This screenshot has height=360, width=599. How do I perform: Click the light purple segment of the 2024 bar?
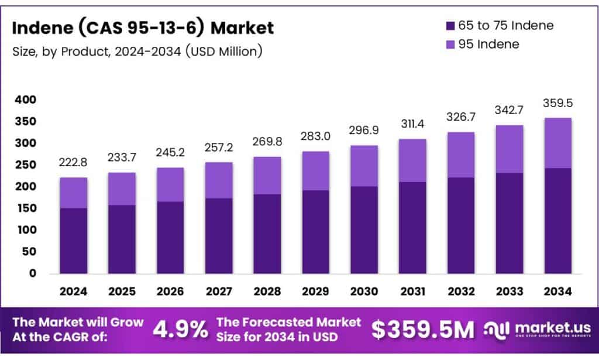[73, 193]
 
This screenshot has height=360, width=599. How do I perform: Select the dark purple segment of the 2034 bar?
[557, 221]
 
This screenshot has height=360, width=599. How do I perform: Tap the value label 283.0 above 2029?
[315, 136]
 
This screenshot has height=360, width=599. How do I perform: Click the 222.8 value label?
[73, 163]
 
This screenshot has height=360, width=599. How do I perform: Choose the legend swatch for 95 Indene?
[450, 44]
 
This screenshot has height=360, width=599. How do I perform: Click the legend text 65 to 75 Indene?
[507, 25]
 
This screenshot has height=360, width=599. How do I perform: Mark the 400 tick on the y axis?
[26, 100]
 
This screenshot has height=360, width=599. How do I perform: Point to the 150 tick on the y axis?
[26, 208]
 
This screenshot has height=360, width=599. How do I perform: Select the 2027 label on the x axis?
[218, 291]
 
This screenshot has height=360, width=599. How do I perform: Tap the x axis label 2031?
[412, 291]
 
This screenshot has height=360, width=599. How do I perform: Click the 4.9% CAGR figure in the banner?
[180, 330]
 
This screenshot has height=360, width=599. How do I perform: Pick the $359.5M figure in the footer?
[423, 330]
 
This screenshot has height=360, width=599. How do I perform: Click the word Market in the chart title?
[243, 27]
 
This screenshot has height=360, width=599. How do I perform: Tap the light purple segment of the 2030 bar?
[364, 166]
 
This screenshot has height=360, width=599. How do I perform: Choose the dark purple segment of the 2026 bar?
[170, 237]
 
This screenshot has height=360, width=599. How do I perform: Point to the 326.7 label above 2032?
[461, 117]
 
